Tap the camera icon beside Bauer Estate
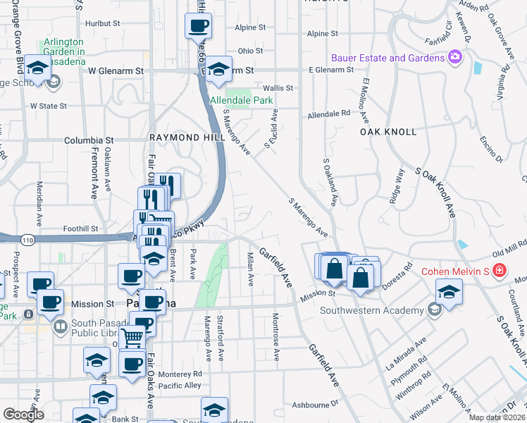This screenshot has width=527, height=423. click(455, 56)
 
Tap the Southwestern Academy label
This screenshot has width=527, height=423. click(371, 310)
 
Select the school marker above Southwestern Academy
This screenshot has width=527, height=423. click(449, 290)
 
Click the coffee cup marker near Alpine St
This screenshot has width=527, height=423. click(198, 26)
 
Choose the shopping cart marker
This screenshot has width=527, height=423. click(132, 338)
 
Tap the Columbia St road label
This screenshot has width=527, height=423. click(89, 140)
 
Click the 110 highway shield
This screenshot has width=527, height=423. click(27, 240)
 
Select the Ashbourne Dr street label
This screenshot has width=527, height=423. click(316, 405)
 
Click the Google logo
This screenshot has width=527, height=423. click(23, 415)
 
